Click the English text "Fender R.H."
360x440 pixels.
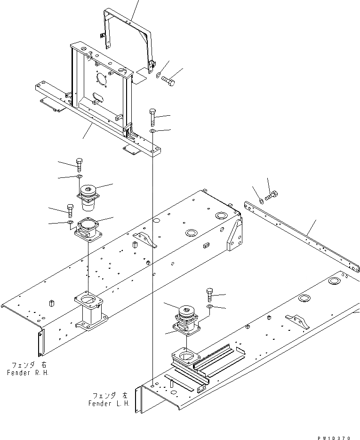tap(28, 373)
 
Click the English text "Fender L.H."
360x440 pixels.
tap(109, 403)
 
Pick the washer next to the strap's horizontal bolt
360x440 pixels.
tap(158, 74)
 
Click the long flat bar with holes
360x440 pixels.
tap(301, 235)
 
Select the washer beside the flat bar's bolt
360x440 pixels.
tap(261, 201)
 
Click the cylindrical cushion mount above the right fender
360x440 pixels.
tap(88, 197)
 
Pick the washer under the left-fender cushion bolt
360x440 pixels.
tap(209, 307)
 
